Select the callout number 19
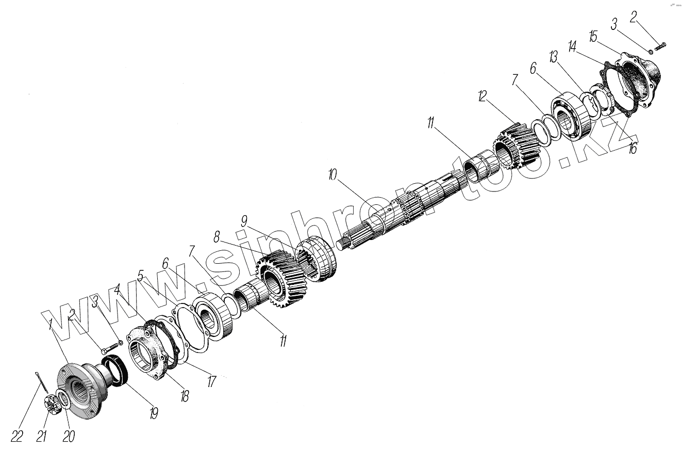coord(154,413)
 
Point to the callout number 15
coord(593,36)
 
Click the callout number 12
coord(483,97)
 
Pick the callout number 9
coord(244,221)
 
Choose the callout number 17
coord(211,381)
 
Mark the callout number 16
coord(633,149)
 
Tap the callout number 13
coord(553,57)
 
